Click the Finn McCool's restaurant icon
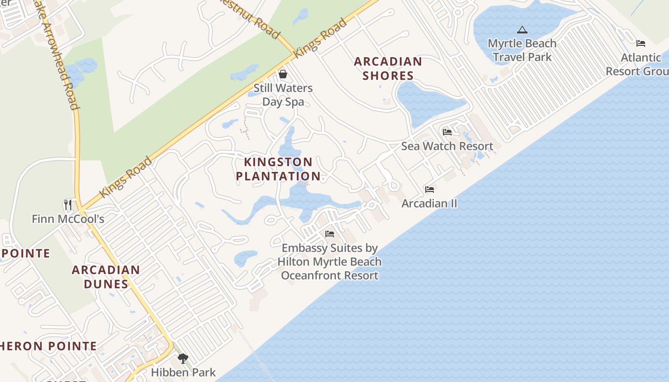[68, 205]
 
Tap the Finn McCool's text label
[68, 219]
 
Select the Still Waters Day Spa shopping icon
[283, 74]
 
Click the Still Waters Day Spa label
[283, 95]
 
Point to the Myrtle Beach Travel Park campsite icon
[522, 30]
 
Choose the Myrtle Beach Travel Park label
[522, 50]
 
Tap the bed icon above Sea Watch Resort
[447, 132]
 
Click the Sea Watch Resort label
[447, 146]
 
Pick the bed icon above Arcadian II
[430, 190]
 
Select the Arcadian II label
[429, 203]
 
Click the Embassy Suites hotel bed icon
[330, 234]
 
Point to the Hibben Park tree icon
[183, 358]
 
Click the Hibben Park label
[183, 372]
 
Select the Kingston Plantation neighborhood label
[278, 169]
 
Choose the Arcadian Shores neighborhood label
[388, 68]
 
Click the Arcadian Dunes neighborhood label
[106, 277]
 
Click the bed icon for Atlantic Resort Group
[641, 43]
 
